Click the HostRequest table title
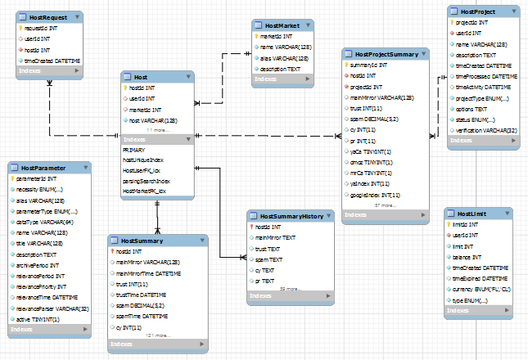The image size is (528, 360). tap(47, 16)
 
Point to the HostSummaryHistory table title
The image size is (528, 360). tap(290, 216)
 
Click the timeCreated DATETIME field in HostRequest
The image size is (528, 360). tap(52, 61)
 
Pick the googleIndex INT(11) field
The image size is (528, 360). tap(375, 196)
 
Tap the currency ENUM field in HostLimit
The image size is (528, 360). tap(482, 290)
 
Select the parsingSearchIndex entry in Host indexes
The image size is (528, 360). tap(147, 180)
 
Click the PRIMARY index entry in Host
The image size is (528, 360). tap(133, 151)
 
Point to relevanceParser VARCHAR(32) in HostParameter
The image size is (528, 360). tap(52, 308)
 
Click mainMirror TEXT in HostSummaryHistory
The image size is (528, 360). tap(275, 237)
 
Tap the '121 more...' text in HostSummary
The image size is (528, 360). tap(159, 335)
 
